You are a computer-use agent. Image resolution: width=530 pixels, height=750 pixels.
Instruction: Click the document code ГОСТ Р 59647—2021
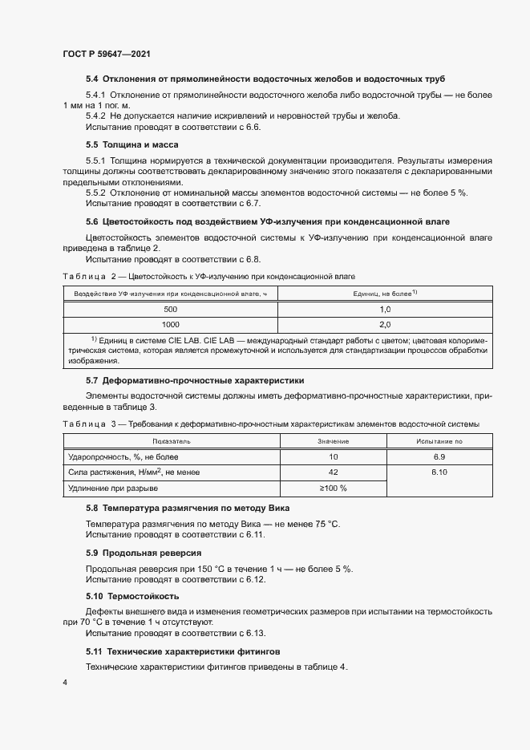click(x=107, y=54)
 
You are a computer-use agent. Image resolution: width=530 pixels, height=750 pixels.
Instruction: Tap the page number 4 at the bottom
click(x=65, y=683)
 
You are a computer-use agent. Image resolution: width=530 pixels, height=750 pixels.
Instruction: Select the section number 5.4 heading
click(x=91, y=79)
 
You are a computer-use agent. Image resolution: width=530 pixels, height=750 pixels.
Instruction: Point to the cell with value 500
click(x=171, y=309)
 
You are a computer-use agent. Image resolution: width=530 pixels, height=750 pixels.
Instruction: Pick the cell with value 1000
click(x=171, y=325)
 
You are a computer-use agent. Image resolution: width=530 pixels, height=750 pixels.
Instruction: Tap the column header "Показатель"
click(x=171, y=442)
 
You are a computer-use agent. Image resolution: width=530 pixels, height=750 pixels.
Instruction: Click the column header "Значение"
click(x=333, y=442)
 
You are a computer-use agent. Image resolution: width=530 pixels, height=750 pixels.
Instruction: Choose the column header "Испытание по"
click(x=439, y=442)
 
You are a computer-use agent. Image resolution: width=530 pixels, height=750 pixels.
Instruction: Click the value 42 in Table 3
click(x=333, y=472)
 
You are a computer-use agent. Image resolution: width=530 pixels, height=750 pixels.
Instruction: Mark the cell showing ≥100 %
click(x=333, y=489)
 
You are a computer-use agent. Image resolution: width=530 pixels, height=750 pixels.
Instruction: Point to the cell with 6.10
click(x=439, y=472)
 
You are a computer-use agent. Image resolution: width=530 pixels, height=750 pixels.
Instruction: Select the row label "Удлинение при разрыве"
click(x=112, y=489)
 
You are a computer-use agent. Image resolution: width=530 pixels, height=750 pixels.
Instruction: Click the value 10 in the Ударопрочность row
click(x=333, y=457)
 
